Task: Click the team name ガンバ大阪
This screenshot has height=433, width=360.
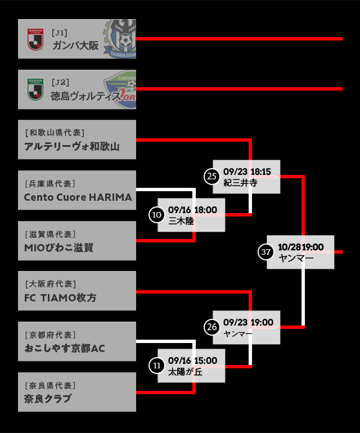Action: tap(75, 46)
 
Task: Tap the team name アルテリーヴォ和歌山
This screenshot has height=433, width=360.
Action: tap(72, 146)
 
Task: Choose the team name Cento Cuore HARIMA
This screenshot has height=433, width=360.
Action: tap(78, 197)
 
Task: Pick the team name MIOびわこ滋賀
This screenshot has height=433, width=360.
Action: tap(58, 247)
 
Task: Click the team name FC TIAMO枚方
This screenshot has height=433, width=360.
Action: tap(60, 297)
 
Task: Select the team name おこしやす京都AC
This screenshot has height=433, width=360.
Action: tap(65, 348)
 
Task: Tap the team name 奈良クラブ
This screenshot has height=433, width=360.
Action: tap(48, 399)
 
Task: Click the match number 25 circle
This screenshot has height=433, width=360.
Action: tap(212, 177)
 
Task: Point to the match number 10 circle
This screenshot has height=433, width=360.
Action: tap(157, 214)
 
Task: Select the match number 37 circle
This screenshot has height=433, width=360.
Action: tap(266, 252)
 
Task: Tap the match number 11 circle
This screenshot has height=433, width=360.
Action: tap(157, 366)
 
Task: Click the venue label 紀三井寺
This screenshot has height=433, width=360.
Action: tap(240, 183)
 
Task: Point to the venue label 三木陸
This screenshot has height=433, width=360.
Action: tap(181, 221)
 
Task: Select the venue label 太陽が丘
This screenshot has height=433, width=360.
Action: tap(185, 372)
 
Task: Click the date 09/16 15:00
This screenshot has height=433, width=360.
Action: tap(192, 360)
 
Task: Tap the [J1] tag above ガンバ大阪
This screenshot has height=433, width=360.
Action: tap(60, 33)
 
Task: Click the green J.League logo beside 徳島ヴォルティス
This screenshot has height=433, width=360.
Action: tap(35, 89)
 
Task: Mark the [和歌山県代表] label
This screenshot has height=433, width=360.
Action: tap(55, 133)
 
